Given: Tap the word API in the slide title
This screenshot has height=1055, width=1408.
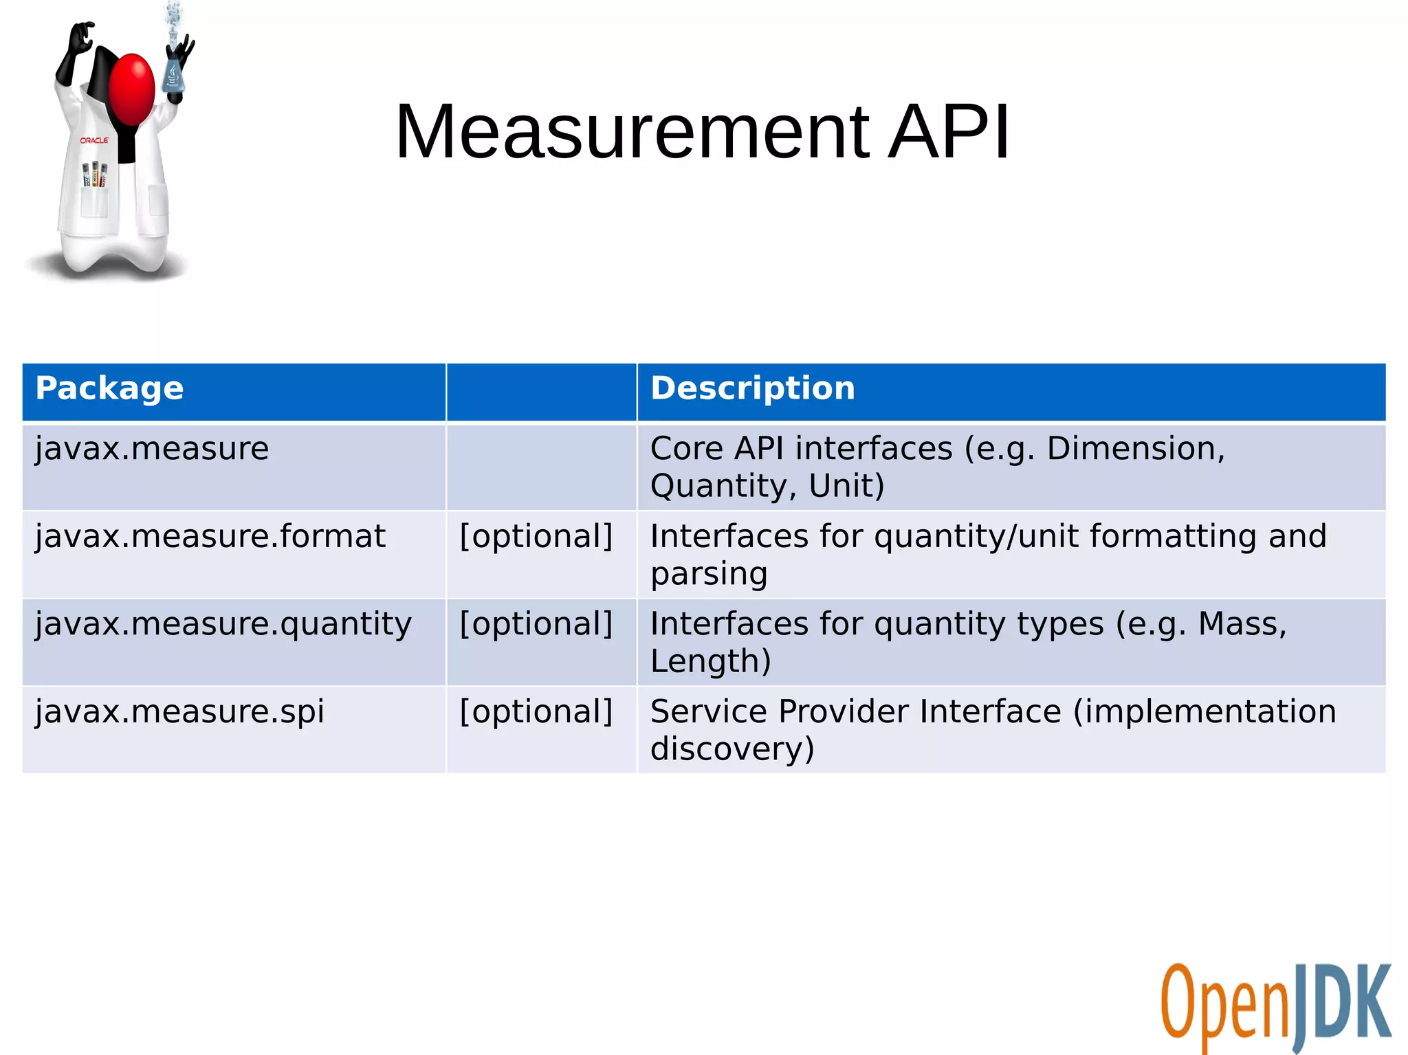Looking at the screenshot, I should pos(949,132).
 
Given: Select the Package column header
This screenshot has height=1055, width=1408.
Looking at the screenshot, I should pos(109,388).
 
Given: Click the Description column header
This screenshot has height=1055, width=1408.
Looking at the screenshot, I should pos(753,388).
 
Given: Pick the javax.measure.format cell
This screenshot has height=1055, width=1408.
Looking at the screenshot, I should pos(210,537).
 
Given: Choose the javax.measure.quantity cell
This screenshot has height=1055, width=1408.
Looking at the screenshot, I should pos(223,624).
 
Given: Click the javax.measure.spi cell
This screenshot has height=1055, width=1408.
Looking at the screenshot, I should pos(179,711).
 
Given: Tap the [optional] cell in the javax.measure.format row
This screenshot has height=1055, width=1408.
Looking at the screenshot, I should pos(536,537).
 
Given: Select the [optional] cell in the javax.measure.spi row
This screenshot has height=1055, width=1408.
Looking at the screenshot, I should pos(536,711).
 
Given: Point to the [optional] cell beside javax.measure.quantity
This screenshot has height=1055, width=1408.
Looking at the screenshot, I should pos(536,624).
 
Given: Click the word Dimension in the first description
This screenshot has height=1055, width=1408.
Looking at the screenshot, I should pos(1134,449).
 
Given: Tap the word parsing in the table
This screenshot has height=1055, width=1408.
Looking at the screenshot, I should pos(709,574).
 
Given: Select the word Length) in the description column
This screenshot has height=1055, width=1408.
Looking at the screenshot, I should pos(710,661).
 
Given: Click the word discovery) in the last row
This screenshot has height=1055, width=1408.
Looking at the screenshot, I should pos(732,748).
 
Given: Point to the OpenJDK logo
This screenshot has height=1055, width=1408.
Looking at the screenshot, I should pos(1275,1007).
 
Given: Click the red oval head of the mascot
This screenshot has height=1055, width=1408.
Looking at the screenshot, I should pos(132,89).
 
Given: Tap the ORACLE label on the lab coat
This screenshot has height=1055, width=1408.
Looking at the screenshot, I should pos(94,140).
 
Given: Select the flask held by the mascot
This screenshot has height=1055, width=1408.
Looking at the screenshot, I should pos(173,76).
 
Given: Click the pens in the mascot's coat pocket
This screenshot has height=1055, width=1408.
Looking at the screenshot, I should pos(95,175).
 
